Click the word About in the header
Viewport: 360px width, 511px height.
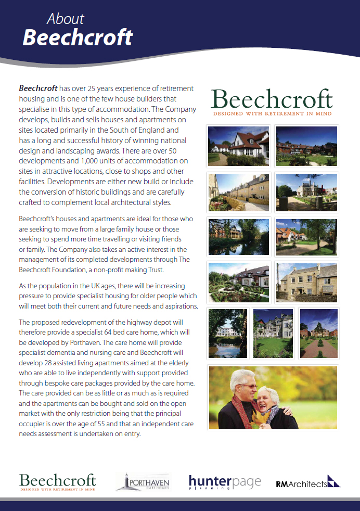(x=65, y=19)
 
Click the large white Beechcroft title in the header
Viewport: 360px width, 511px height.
(x=78, y=37)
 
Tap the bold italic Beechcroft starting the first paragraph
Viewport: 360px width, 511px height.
(x=38, y=88)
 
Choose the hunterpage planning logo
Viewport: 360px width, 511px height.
(x=225, y=482)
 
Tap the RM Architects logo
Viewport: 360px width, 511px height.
(x=307, y=482)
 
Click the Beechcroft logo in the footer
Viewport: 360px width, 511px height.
(x=57, y=481)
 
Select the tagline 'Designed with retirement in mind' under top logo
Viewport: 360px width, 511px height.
(x=271, y=113)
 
